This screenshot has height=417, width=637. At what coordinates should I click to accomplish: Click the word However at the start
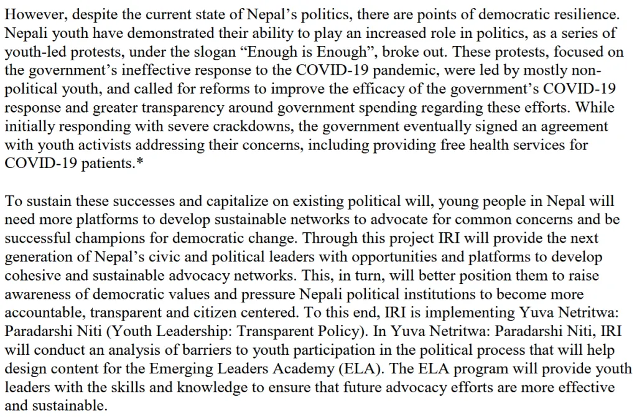pos(29,13)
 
